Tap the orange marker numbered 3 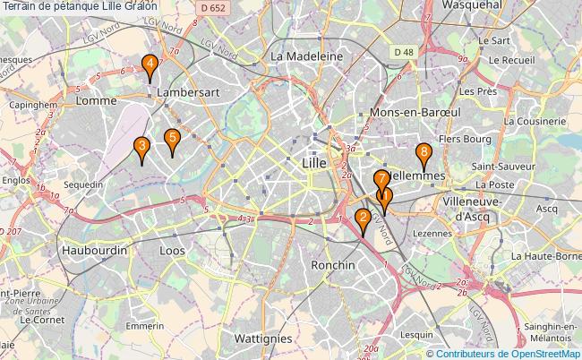[141, 146]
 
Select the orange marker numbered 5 [172, 137]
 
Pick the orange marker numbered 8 [424, 152]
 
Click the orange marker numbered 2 [363, 218]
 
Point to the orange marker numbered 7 [381, 179]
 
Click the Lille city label [314, 163]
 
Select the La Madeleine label [307, 56]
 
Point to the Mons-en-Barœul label [415, 114]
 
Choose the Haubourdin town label [94, 252]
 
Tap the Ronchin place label [334, 265]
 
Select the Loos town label [172, 252]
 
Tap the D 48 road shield [403, 53]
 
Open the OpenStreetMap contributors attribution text [509, 353]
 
